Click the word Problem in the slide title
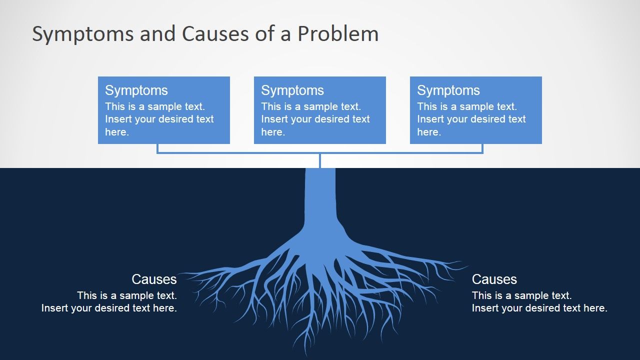[338, 33]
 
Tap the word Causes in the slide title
[215, 33]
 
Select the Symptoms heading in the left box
[136, 91]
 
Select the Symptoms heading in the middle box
[292, 91]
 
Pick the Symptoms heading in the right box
[448, 91]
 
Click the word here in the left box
[117, 132]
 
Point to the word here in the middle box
[273, 132]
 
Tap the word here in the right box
[429, 132]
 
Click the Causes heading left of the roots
[154, 279]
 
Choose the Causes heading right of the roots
[494, 279]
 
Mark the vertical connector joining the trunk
[320, 161]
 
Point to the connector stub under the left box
[157, 148]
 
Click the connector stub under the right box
[482, 148]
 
